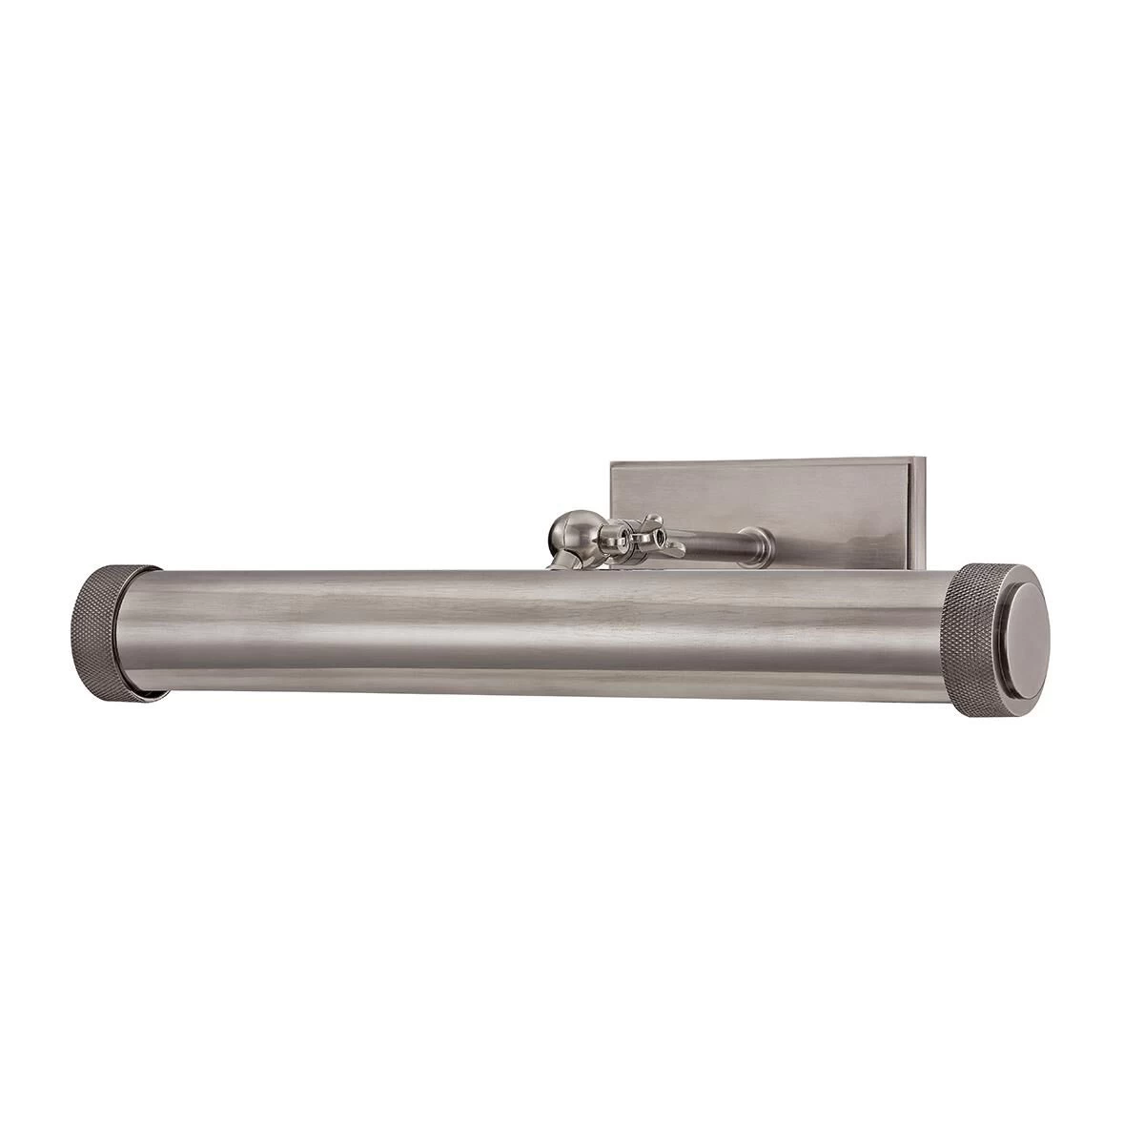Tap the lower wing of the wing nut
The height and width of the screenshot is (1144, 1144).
671,548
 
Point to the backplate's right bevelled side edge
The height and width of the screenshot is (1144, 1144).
922,515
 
